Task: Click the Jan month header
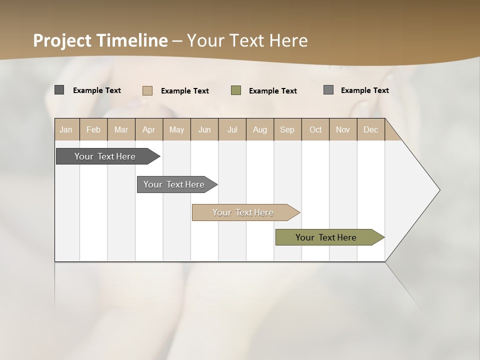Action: point(66,129)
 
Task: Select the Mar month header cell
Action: point(121,129)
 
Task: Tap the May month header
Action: point(176,129)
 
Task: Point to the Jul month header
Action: point(232,129)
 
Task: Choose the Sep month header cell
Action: point(287,129)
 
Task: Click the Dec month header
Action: point(370,129)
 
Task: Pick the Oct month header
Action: point(315,129)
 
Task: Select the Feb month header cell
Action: point(93,129)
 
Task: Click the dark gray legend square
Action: point(59,90)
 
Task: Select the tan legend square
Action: point(147,90)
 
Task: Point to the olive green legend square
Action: point(236,90)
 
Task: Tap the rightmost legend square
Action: point(328,90)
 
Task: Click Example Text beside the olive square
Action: point(272,91)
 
